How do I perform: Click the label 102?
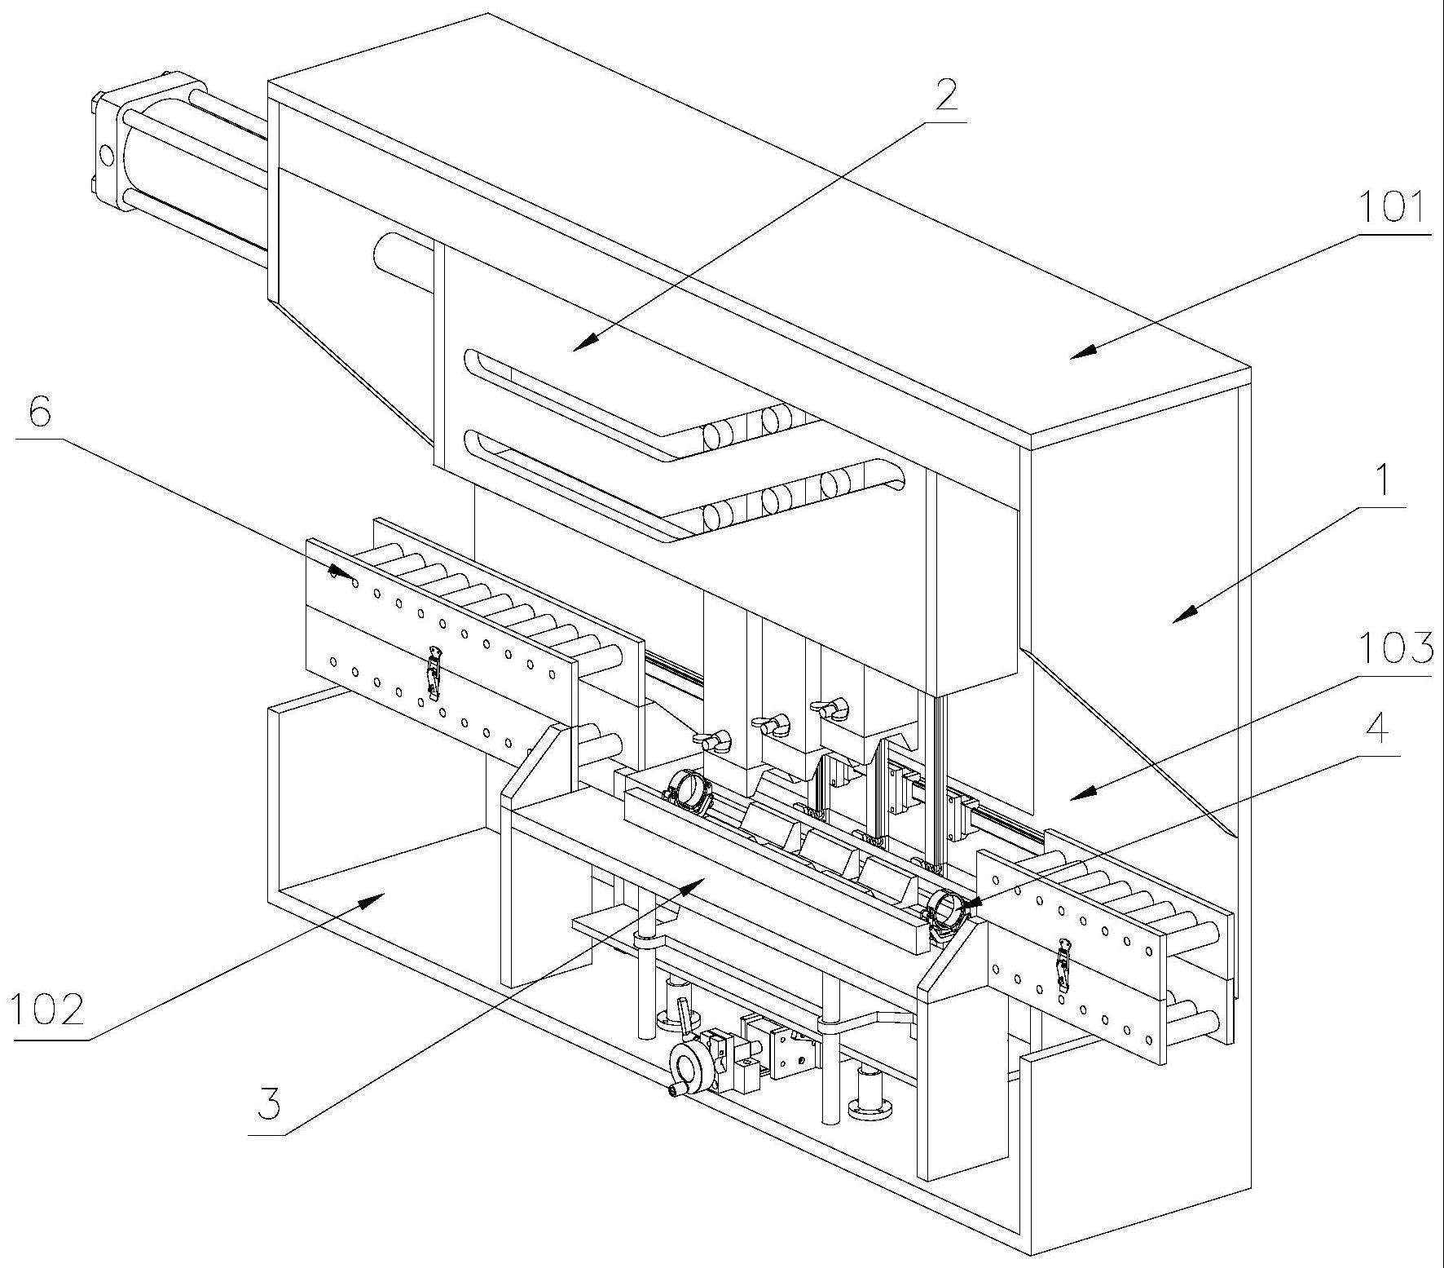point(47,1011)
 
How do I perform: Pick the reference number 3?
point(268,1105)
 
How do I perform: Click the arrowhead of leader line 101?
point(1073,356)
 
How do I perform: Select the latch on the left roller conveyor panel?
point(434,673)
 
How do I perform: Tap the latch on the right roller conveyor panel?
point(1063,965)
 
